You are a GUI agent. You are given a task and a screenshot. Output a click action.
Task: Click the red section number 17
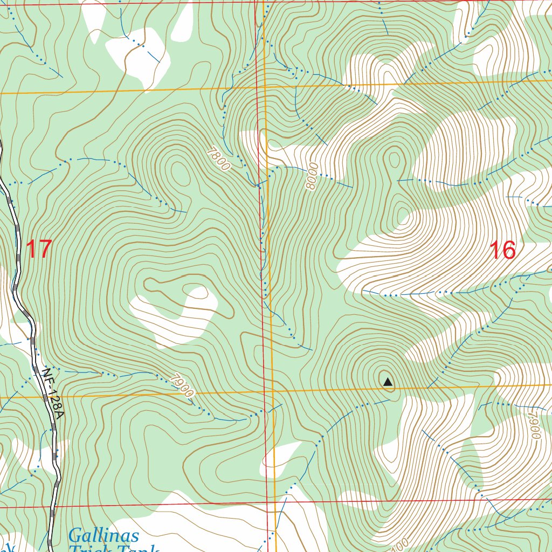[x=38, y=250]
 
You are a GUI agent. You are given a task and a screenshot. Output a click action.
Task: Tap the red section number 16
[x=502, y=250]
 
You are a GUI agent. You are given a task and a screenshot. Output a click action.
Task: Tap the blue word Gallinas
[x=103, y=536]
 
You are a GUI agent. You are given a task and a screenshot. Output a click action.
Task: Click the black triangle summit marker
[x=388, y=383]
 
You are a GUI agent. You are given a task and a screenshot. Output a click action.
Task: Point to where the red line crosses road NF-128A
[x=52, y=507]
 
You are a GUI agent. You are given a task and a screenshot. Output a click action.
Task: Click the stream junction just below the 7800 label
[x=258, y=186]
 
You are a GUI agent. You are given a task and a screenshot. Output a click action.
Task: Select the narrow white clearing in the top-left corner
[x=94, y=19]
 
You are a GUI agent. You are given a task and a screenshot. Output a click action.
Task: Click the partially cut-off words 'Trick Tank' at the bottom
[x=113, y=549]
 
